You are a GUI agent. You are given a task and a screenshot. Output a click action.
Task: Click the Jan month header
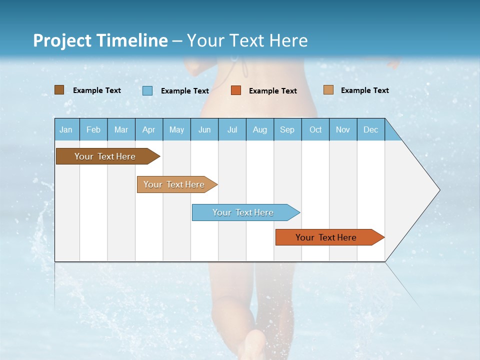(x=66, y=129)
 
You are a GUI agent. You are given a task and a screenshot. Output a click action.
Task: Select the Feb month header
(x=93, y=129)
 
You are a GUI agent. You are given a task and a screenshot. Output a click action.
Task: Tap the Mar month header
(x=121, y=129)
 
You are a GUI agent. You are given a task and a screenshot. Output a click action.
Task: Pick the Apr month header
(x=149, y=129)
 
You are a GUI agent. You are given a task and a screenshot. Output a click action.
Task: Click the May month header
(x=176, y=129)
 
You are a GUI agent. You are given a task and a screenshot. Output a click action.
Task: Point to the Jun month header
(x=204, y=129)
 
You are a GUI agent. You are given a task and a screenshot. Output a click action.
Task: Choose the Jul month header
(x=232, y=129)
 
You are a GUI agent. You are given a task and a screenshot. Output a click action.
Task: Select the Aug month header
(x=260, y=129)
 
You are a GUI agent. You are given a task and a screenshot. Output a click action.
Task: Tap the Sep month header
(x=287, y=129)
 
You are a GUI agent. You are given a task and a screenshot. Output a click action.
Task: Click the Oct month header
(x=315, y=129)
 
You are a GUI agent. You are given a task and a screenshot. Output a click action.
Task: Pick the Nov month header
(x=343, y=129)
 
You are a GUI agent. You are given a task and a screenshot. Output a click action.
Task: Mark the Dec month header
(x=371, y=129)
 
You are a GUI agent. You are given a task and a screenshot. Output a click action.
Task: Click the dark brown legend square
(x=59, y=90)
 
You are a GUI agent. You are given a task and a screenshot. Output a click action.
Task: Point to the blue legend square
(x=147, y=90)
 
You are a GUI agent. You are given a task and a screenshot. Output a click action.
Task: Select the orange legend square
(x=236, y=90)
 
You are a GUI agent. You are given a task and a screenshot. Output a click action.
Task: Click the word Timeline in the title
(x=131, y=40)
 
